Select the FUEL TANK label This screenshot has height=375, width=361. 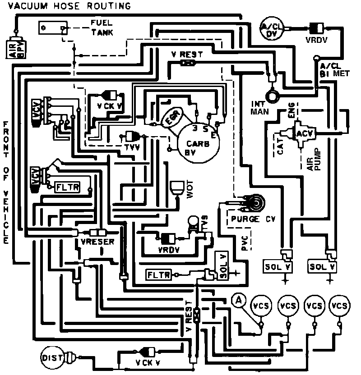click(101, 28)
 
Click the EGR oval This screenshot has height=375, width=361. click(173, 118)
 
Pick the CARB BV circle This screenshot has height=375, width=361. click(198, 141)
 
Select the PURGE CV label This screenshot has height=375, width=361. click(251, 220)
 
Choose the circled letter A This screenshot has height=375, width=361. click(239, 300)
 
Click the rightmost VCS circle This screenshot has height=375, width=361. click(339, 306)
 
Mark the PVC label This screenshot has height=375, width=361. click(244, 243)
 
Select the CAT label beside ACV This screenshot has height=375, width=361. click(281, 147)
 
